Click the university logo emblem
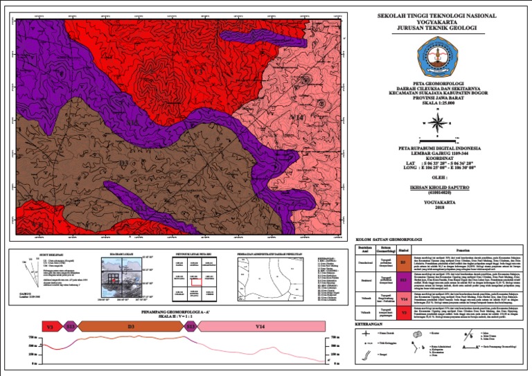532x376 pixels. [x=436, y=55]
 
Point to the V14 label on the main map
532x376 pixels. [x=296, y=118]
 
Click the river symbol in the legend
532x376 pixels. [x=365, y=356]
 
